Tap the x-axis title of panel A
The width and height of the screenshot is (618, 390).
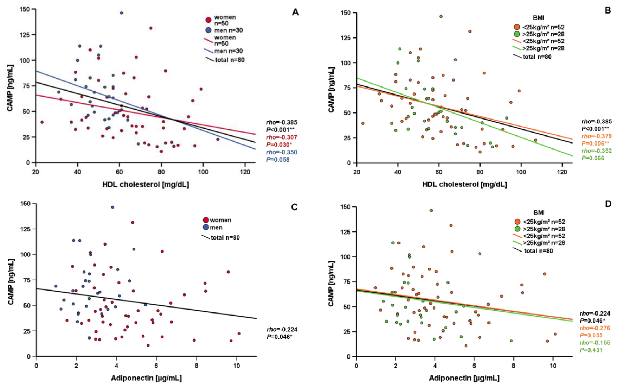point(146,184)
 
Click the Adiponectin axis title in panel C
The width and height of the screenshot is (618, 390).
point(146,378)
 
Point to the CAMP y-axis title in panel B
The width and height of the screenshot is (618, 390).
point(331,90)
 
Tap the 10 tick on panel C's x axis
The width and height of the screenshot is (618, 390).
point(237,366)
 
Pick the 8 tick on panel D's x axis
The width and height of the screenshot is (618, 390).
point(513,366)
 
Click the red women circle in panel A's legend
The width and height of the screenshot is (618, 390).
point(208,20)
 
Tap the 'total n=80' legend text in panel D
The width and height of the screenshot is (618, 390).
point(538,251)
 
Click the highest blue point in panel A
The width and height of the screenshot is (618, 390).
point(121,13)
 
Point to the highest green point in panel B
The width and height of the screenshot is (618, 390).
point(441,16)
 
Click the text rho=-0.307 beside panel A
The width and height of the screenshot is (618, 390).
point(282,137)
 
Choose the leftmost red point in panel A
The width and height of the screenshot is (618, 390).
point(42,122)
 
